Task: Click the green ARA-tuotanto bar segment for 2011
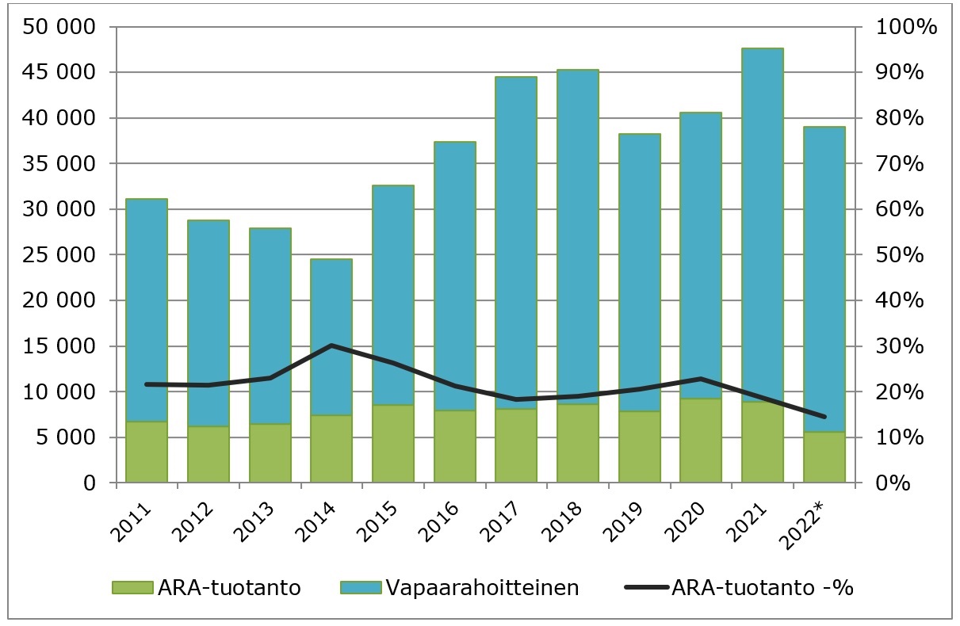[147, 452]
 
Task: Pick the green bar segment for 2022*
[824, 457]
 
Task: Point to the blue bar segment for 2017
[516, 238]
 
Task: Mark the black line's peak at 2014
[331, 345]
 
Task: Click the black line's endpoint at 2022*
[824, 417]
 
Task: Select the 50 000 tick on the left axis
[60, 28]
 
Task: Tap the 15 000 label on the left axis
[60, 347]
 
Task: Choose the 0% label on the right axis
[894, 483]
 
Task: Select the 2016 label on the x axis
[453, 516]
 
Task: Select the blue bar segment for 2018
[578, 238]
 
